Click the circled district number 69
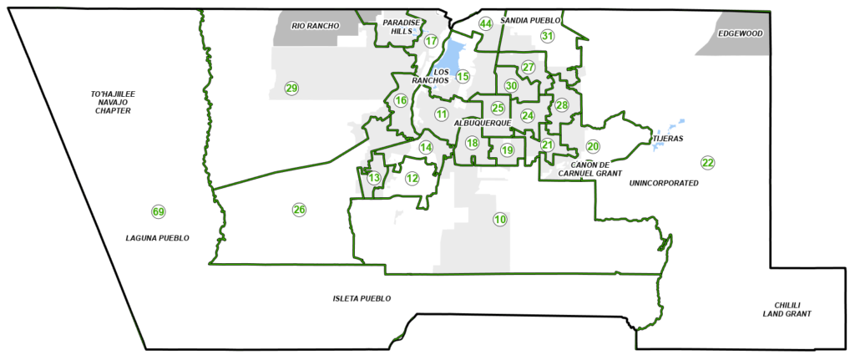(x=158, y=210)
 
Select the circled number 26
(x=299, y=209)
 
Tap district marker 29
(x=291, y=89)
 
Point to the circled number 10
(x=500, y=220)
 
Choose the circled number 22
(x=708, y=162)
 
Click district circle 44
(x=486, y=23)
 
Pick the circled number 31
(x=547, y=36)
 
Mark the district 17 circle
(x=431, y=41)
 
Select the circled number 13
(x=374, y=178)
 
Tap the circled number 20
(x=593, y=146)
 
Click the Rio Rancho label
(x=316, y=26)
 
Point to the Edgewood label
(x=740, y=33)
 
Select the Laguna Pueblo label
(x=158, y=238)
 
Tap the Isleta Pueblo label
(x=362, y=298)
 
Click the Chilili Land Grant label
(x=787, y=309)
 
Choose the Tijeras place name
(x=666, y=138)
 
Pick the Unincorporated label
(x=664, y=182)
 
